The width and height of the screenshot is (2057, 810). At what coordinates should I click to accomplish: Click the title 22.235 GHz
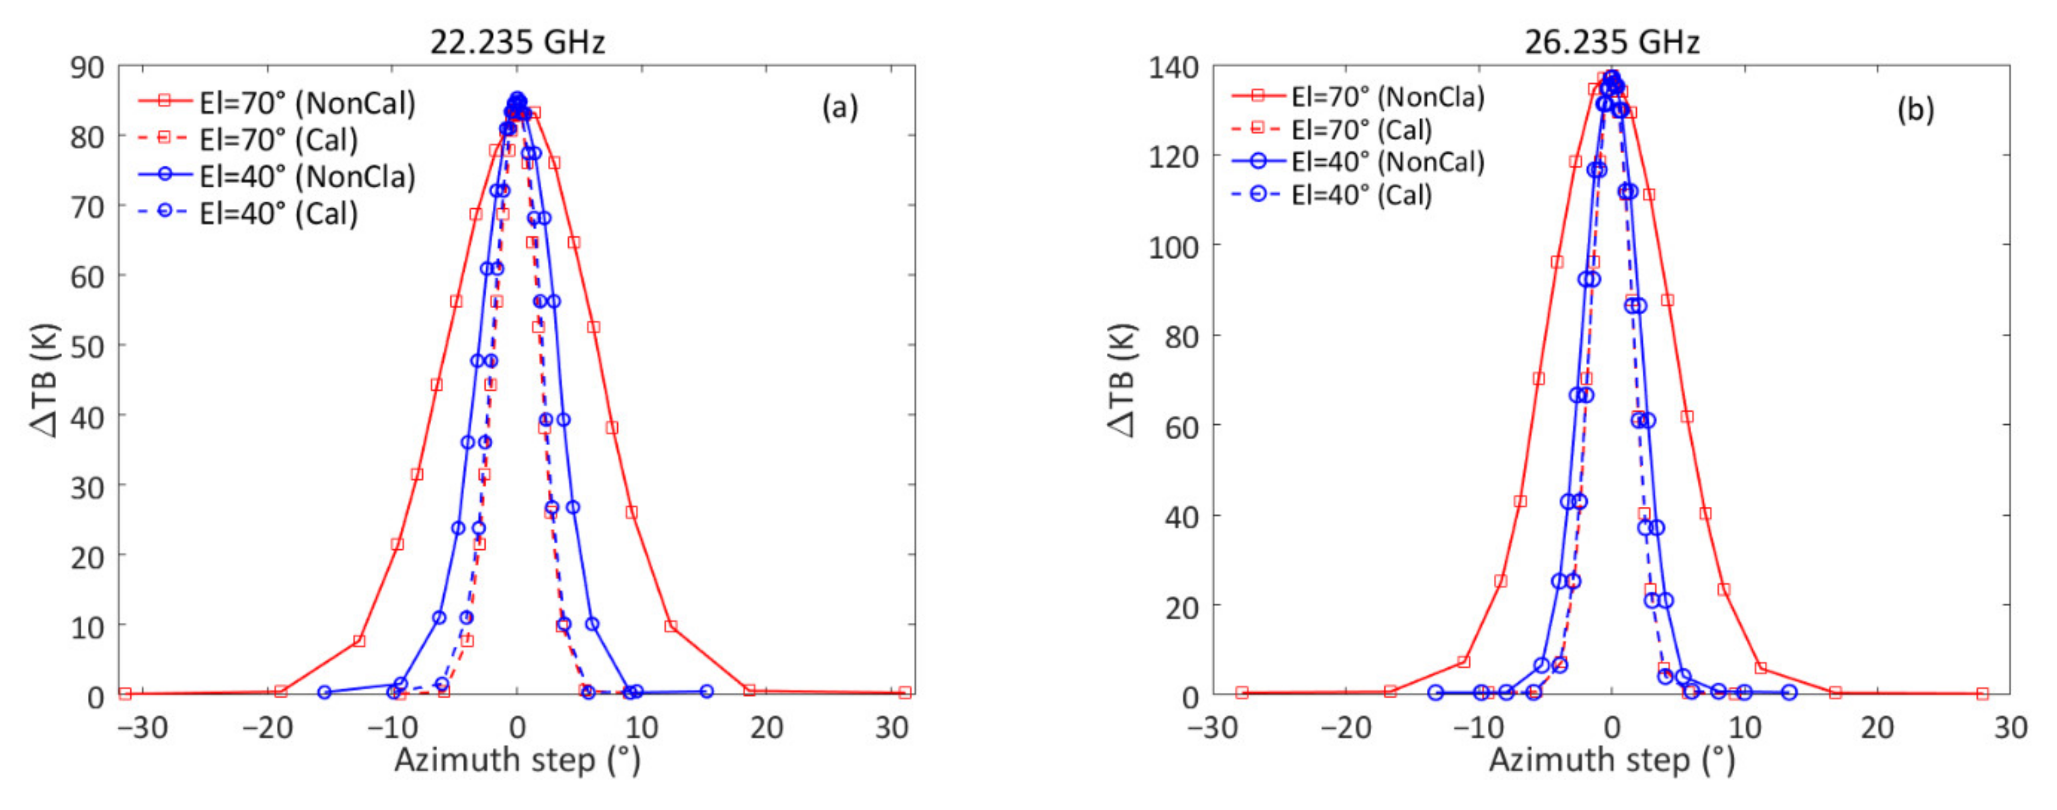[517, 41]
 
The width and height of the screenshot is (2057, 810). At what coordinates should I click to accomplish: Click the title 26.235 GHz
[1612, 41]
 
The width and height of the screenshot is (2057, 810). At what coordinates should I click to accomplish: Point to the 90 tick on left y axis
[87, 68]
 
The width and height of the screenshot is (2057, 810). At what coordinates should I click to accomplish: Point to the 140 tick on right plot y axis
[1173, 68]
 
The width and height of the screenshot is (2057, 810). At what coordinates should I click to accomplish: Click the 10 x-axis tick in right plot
[1745, 728]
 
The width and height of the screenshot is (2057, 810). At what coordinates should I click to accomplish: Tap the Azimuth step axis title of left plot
[517, 760]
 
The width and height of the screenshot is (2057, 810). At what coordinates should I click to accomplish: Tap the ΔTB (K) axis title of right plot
[1122, 380]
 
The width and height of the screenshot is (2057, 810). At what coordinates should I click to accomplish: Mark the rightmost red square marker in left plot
[904, 693]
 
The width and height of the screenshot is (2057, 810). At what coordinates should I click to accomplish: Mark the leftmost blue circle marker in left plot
[324, 692]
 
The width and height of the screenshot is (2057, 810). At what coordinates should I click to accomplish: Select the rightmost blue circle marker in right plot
[1789, 692]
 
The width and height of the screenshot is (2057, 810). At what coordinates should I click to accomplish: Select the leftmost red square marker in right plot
[1242, 693]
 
